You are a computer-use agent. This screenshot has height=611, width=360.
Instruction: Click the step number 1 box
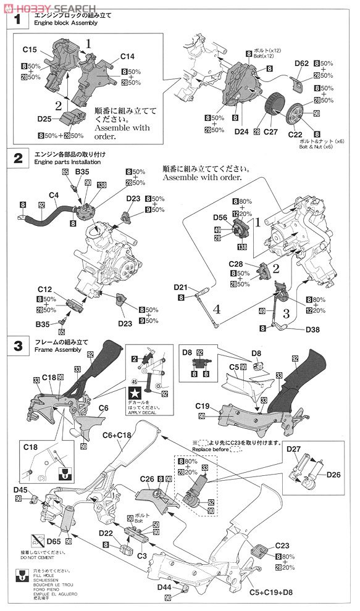click(x=18, y=21)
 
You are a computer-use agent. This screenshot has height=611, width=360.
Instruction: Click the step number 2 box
click(x=18, y=159)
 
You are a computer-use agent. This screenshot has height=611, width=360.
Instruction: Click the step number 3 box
click(x=18, y=346)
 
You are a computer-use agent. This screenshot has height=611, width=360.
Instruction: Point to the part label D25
click(x=44, y=118)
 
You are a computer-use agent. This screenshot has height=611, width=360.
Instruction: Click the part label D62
click(x=301, y=63)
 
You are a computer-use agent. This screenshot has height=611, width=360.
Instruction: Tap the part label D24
click(x=242, y=131)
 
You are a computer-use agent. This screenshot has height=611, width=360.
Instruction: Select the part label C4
click(x=53, y=196)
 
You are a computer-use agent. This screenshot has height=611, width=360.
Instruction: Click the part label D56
click(x=220, y=217)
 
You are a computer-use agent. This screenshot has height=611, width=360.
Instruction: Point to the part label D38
click(x=314, y=330)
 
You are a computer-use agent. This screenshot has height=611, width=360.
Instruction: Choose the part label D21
click(x=180, y=287)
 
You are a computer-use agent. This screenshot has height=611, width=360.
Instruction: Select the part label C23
click(x=283, y=545)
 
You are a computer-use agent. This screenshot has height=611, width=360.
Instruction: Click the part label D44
click(x=164, y=588)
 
